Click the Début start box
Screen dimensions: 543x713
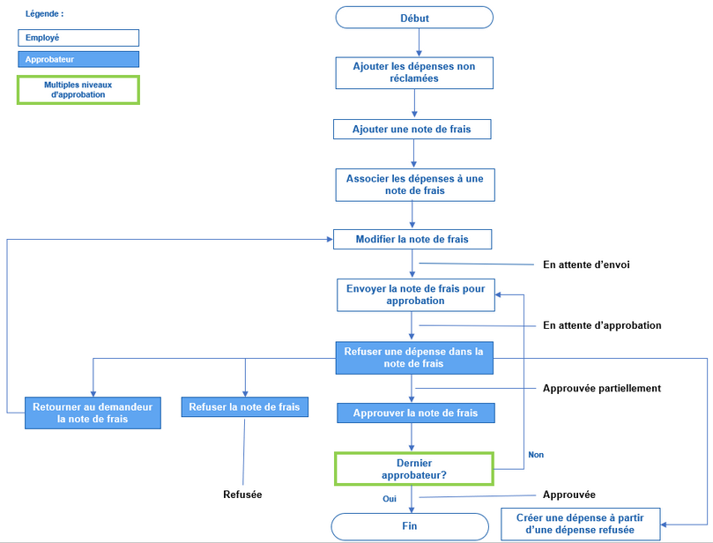[413, 18]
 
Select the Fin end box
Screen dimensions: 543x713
[409, 526]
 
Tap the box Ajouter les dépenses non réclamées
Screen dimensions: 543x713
[413, 72]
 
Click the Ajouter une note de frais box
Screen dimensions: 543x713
[412, 130]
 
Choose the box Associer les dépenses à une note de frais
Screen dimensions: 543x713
[414, 184]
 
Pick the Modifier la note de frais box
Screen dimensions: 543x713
[412, 240]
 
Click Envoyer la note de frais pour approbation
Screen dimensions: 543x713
[414, 294]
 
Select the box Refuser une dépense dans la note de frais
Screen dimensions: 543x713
[414, 357]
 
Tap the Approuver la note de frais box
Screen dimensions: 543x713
[415, 413]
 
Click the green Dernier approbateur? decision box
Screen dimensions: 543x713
[413, 468]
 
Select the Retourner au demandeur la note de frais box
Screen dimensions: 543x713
[93, 413]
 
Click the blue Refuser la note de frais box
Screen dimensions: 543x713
[245, 406]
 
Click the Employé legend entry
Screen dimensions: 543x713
[78, 38]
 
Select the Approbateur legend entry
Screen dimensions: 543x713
[78, 60]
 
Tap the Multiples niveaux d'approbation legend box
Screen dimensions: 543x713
[78, 90]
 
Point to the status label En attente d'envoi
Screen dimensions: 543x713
[586, 264]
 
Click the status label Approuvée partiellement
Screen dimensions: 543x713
[601, 388]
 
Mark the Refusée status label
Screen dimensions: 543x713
[242, 495]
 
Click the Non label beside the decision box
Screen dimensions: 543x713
[535, 455]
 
